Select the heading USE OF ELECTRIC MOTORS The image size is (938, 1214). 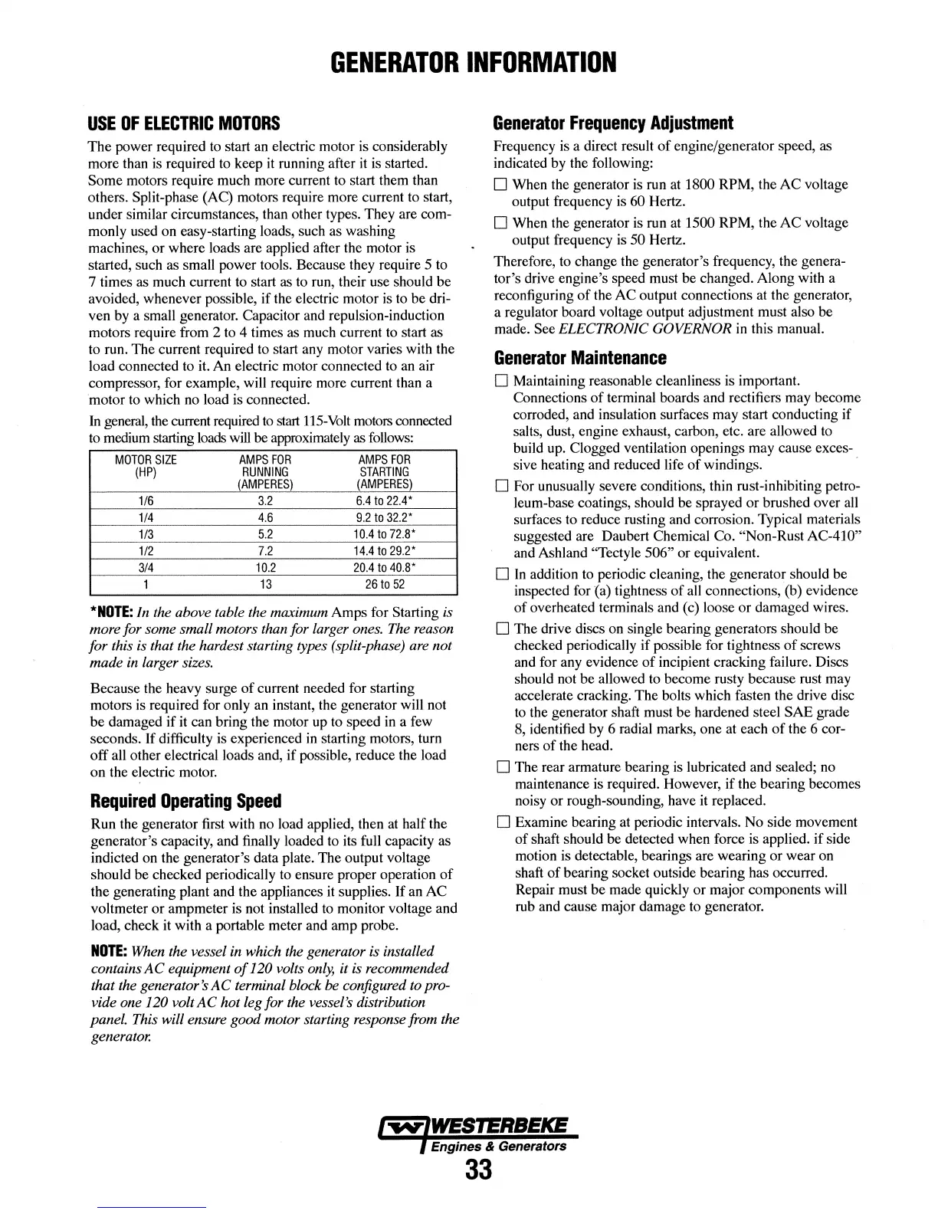185,123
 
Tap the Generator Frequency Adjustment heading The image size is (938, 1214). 613,123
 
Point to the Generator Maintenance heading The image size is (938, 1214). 580,358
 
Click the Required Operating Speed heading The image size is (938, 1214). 186,802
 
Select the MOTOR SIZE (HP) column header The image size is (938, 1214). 146,466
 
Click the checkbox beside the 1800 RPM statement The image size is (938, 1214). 501,185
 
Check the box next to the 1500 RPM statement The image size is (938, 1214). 501,224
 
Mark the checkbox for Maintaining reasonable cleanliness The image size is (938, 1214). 502,382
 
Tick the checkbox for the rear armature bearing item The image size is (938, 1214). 502,767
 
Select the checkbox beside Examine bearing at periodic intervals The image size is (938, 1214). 502,822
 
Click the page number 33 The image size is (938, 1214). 477,1171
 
